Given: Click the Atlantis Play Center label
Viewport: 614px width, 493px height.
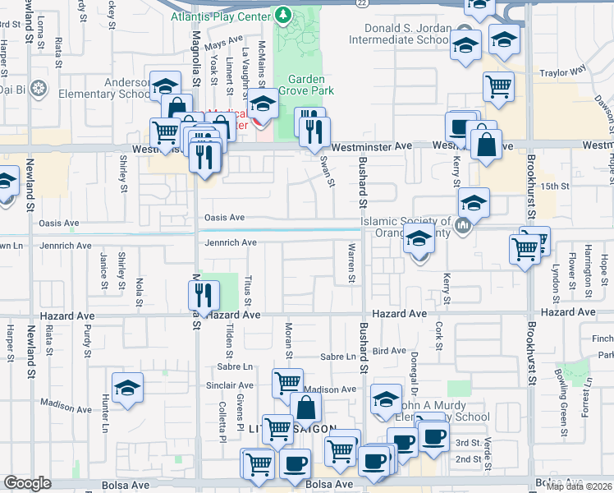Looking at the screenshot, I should [x=221, y=16].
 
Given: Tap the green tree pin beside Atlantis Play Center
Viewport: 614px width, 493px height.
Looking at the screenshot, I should [x=283, y=16].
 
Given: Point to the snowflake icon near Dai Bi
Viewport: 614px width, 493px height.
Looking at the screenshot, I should [x=38, y=88].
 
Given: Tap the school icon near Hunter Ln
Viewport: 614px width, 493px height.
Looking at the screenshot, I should [x=127, y=389].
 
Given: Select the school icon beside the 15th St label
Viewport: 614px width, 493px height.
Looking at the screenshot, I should [x=474, y=202].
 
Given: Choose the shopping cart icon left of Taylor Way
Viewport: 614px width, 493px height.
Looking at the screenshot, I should [x=498, y=87].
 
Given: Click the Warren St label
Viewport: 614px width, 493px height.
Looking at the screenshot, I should [x=351, y=263].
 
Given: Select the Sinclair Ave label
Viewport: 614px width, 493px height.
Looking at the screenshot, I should [x=223, y=385].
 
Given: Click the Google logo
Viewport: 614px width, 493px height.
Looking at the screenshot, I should [x=27, y=483].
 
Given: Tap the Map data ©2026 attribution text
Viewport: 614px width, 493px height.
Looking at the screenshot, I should [x=579, y=486].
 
